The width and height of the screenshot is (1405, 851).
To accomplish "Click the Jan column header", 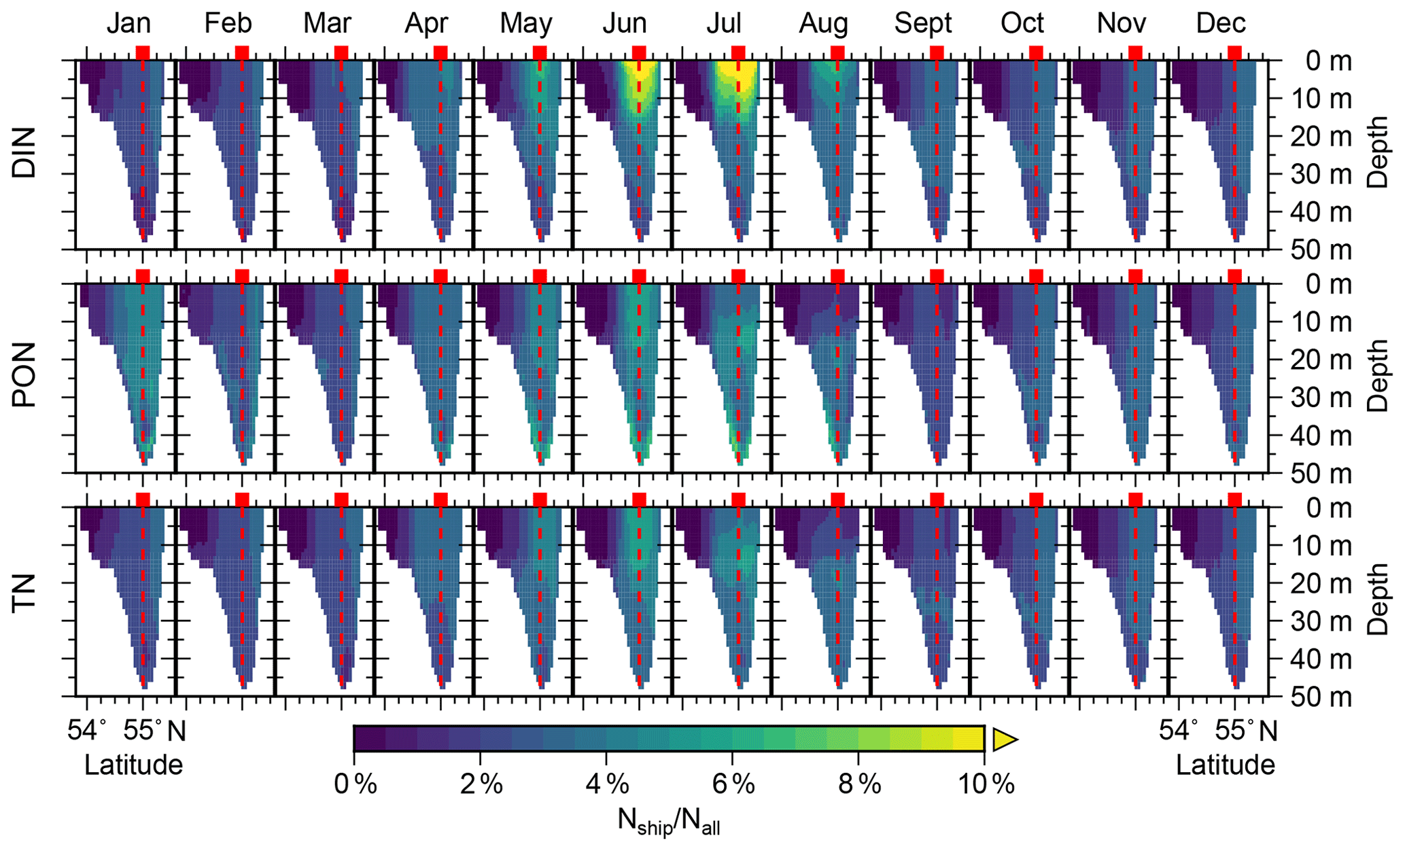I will pos(128,24).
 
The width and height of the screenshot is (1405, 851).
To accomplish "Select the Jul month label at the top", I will pos(723,24).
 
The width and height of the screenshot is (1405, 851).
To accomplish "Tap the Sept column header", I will pos(922,24).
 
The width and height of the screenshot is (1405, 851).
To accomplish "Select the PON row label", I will pos(24,375).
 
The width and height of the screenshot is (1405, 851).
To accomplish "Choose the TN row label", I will pos(24,593).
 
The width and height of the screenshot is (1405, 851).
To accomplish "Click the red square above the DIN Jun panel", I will pos(638,53).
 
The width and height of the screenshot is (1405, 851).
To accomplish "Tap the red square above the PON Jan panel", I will pos(142,276).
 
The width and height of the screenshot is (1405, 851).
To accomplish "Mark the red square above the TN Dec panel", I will pos(1234,500).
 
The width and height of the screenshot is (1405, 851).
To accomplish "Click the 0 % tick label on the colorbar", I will pos(355,785).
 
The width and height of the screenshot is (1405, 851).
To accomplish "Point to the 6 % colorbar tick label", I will pos(733,785).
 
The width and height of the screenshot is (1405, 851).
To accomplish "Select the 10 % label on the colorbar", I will pos(986,785).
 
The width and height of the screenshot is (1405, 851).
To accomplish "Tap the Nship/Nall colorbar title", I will pos(668,821).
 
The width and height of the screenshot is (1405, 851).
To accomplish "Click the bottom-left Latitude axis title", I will pos(133,765).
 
